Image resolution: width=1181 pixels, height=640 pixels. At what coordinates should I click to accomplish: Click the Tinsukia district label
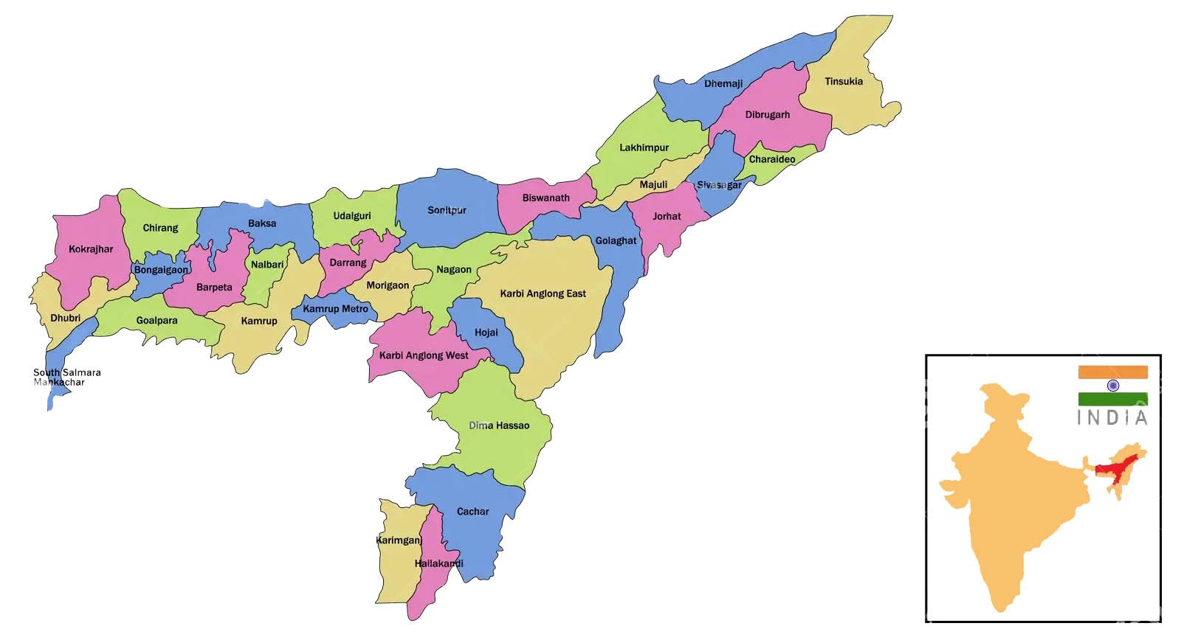[843, 82]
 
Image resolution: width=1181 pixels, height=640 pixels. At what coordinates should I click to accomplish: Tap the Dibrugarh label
[767, 115]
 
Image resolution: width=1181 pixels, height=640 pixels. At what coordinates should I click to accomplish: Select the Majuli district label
[653, 184]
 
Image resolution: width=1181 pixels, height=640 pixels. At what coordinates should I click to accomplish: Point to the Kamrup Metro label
[335, 309]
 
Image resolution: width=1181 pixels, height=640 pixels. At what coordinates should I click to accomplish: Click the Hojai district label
[486, 333]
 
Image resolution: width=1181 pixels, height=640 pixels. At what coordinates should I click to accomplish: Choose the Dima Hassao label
[499, 425]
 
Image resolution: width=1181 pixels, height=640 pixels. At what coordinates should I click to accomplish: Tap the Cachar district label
[472, 512]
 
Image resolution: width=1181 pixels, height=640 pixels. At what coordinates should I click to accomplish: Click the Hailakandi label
[438, 563]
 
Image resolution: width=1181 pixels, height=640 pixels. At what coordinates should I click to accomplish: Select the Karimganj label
[399, 540]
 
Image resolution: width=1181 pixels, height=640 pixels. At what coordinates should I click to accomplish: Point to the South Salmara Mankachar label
[66, 378]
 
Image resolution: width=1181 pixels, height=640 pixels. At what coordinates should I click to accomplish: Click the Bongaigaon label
[161, 270]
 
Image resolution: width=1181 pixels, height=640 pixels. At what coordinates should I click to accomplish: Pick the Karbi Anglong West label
[424, 355]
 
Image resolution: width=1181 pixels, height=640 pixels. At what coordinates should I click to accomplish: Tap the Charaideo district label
[772, 159]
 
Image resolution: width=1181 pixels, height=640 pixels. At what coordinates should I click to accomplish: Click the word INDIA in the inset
[1112, 418]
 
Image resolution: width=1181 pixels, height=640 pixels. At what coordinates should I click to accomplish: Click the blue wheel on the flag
[1113, 386]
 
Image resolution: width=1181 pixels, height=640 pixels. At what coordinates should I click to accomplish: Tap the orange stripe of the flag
[1113, 372]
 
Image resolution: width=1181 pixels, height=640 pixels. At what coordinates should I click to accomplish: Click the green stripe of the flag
[1113, 399]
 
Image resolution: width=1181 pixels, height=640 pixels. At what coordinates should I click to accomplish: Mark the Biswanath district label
[545, 198]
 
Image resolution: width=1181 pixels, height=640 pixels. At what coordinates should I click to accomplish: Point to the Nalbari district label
[267, 265]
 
